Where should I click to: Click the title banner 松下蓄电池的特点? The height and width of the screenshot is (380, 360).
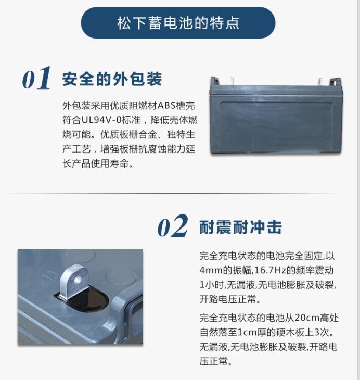pos(178,23)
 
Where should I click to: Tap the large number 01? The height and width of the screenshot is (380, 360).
pos(36,78)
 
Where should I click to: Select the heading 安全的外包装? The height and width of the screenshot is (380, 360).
pos(112,79)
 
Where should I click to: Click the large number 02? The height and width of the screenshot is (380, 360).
pos(173,226)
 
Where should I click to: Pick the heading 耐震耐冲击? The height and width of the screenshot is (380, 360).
pos(240,227)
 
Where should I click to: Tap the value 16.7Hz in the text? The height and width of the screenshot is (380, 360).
pos(270,270)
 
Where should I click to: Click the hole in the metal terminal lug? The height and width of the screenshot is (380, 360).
pos(78,280)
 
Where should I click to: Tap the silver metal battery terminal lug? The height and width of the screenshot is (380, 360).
pos(74,282)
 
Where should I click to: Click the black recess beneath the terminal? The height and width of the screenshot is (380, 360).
pos(86,297)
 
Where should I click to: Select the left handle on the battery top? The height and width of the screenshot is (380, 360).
pos(215,81)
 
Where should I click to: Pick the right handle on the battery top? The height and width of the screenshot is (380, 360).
pos(336,82)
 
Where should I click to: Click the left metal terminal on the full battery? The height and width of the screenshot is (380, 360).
pos(232,81)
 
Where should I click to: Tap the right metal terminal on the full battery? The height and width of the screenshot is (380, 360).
pos(320,82)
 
